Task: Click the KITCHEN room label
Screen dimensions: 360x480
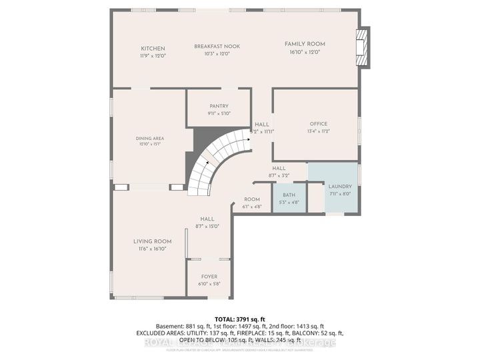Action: [153, 49]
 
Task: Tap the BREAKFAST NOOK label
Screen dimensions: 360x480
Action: [217, 46]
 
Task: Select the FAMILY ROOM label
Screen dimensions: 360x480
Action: [303, 44]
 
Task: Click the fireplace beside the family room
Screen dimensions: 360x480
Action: [362, 48]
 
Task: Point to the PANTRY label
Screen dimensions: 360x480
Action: [219, 106]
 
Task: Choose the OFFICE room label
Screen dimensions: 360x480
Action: [319, 124]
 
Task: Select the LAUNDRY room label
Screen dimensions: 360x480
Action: [340, 187]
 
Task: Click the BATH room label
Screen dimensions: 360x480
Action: [289, 195]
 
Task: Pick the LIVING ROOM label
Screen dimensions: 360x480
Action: [152, 241]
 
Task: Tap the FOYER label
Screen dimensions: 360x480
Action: [209, 277]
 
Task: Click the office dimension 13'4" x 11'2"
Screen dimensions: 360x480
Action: [319, 131]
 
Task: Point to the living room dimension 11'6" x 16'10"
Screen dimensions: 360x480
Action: [152, 249]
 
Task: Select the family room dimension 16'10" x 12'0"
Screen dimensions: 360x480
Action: [303, 51]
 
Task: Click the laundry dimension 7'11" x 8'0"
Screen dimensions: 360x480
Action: [340, 194]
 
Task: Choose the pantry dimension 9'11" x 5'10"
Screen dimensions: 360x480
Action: [219, 113]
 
